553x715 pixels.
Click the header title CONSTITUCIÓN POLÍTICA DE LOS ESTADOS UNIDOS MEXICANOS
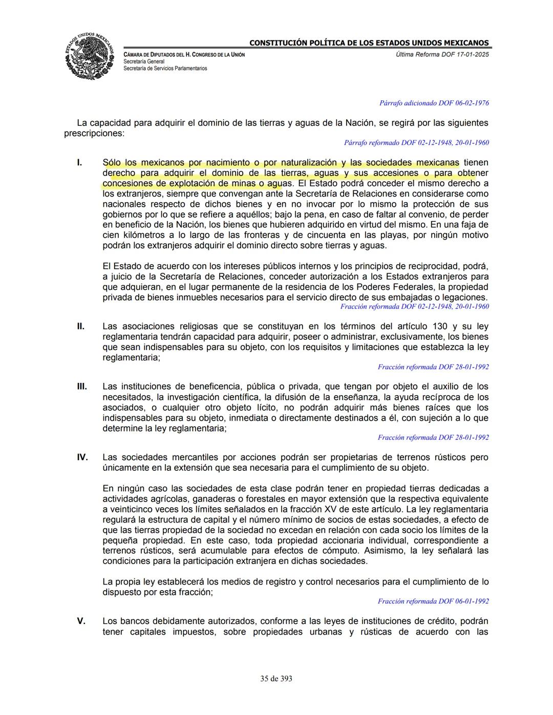tap(369, 43)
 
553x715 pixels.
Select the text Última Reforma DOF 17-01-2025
tap(442, 54)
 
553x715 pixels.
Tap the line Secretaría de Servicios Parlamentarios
tap(165, 69)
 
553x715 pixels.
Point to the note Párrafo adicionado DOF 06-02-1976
tap(434, 103)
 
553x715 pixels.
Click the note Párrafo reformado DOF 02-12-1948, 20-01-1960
tap(416, 143)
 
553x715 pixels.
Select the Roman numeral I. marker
tap(80, 163)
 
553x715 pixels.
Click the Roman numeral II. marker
tap(81, 326)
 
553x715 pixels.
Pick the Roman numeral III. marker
tap(82, 386)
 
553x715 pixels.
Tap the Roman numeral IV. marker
tap(82, 457)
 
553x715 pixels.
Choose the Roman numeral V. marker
tap(81, 621)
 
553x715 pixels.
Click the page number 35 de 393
tap(276, 679)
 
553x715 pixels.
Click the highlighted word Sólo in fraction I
tap(112, 163)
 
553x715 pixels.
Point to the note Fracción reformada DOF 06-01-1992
tap(433, 601)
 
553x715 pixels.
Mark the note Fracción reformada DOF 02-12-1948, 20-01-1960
tap(414, 307)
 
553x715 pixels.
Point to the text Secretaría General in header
tap(144, 61)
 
